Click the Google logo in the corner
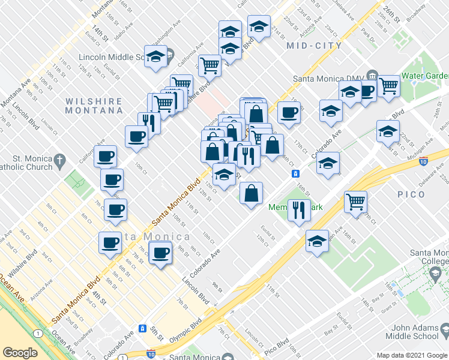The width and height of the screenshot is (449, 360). pyautogui.click(x=20, y=353)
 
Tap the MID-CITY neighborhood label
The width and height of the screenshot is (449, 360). pyautogui.click(x=314, y=46)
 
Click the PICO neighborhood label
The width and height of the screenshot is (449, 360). pyautogui.click(x=411, y=194)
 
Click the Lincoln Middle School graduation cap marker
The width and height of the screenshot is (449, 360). pyautogui.click(x=155, y=57)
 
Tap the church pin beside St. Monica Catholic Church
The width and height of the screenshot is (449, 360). pyautogui.click(x=59, y=160)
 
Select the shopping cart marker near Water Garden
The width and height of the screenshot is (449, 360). pyautogui.click(x=389, y=86)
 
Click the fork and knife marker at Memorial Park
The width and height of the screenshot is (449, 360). pyautogui.click(x=298, y=209)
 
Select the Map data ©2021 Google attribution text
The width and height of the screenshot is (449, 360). pyautogui.click(x=412, y=355)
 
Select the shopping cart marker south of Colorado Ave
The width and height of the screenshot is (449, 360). pyautogui.click(x=355, y=202)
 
